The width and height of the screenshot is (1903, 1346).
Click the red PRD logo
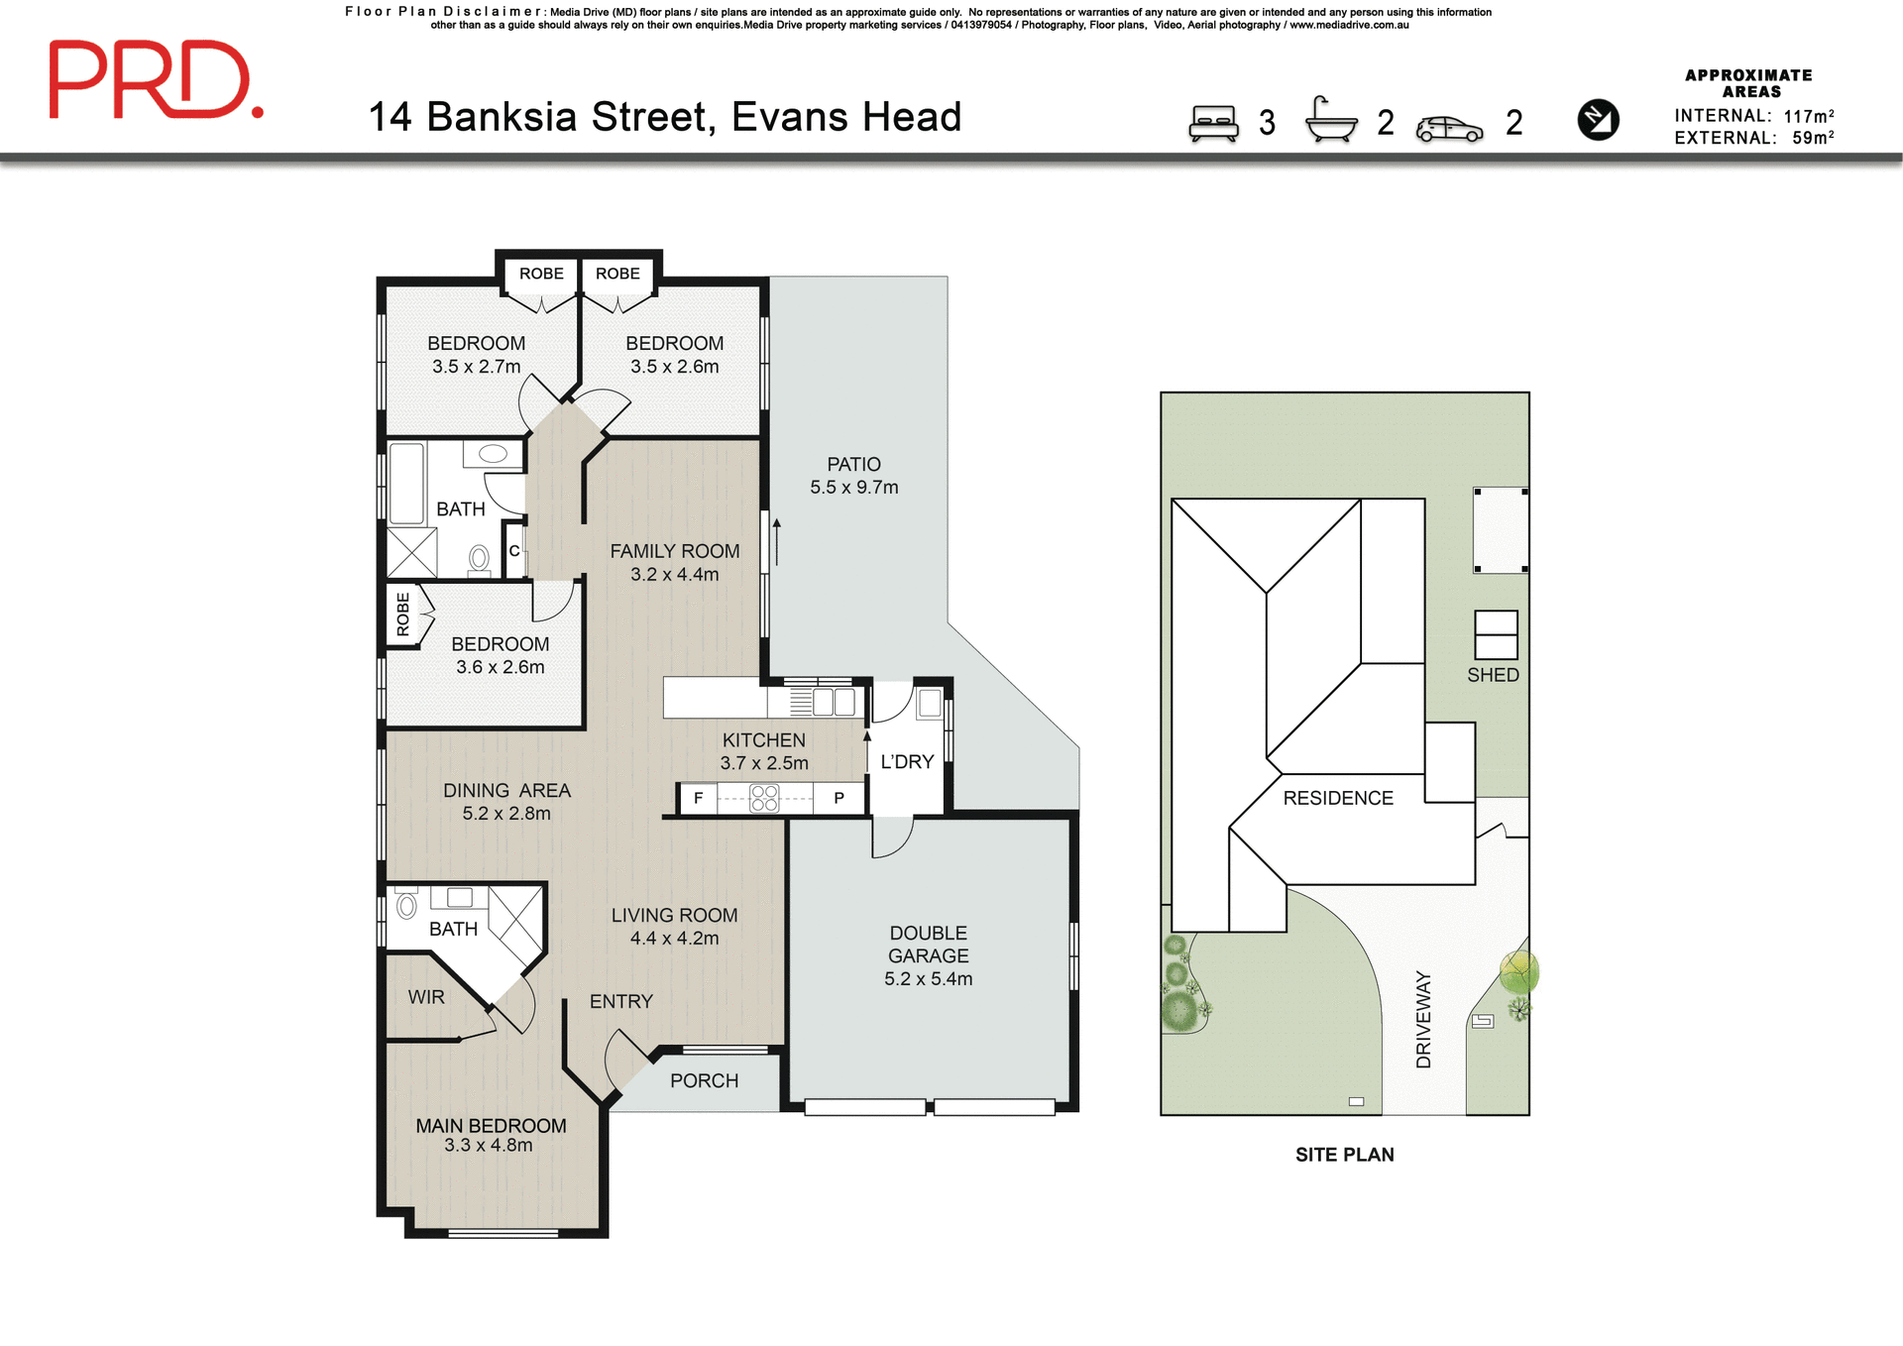(x=156, y=80)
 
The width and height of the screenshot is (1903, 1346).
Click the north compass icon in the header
(x=1598, y=120)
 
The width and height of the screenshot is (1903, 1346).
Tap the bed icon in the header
(x=1213, y=124)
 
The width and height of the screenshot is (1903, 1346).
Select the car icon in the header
(x=1449, y=129)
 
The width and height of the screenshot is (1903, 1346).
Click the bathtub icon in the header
(x=1331, y=121)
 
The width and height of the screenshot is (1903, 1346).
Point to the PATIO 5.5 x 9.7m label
(x=853, y=476)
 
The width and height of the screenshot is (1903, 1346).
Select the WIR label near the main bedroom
(x=426, y=997)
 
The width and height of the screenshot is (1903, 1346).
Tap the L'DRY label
(x=907, y=761)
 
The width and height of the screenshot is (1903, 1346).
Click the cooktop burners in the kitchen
(x=764, y=798)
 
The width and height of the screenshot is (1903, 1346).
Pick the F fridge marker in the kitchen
(x=698, y=798)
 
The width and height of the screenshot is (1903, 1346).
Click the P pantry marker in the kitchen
(x=839, y=798)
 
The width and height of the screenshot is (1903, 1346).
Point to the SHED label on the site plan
(x=1493, y=675)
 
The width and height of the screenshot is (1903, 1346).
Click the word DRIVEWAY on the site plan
(x=1423, y=1019)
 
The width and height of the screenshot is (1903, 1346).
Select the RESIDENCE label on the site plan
(x=1337, y=798)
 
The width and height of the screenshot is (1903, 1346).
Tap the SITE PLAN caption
(x=1344, y=1155)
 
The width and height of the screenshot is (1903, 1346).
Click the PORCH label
(x=704, y=1080)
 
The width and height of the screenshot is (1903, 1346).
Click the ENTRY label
(x=620, y=1001)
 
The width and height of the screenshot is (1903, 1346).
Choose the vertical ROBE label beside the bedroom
(x=402, y=614)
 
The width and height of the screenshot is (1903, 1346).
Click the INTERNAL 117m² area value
(x=1808, y=116)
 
